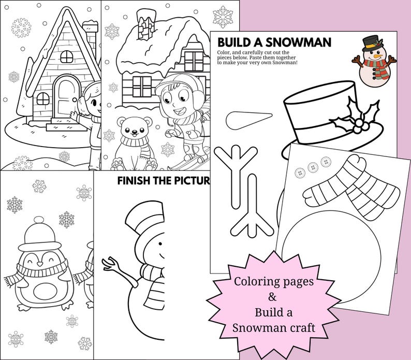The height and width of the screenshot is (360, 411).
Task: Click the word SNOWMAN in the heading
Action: (302, 41)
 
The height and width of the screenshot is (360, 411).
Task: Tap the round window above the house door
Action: (67, 55)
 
